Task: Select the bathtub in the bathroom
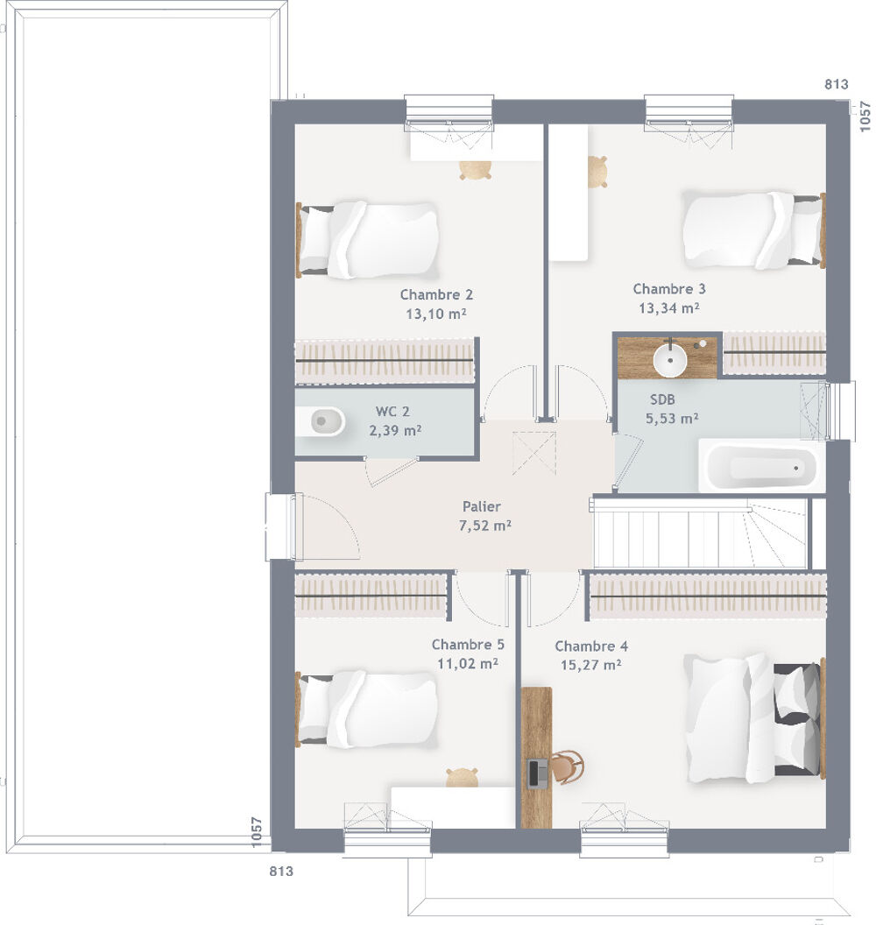click(761, 467)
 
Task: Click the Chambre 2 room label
click(436, 295)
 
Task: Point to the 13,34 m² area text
click(669, 308)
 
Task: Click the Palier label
click(482, 506)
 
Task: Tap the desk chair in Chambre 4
click(568, 767)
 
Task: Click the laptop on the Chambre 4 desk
click(538, 772)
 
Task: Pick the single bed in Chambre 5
click(368, 709)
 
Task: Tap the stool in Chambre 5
click(462, 776)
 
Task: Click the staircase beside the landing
click(701, 533)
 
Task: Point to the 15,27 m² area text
click(591, 665)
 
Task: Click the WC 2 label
click(392, 411)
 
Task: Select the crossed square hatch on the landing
click(534, 453)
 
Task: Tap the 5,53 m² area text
click(672, 420)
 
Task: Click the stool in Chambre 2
click(475, 170)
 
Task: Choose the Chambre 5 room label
click(468, 645)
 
